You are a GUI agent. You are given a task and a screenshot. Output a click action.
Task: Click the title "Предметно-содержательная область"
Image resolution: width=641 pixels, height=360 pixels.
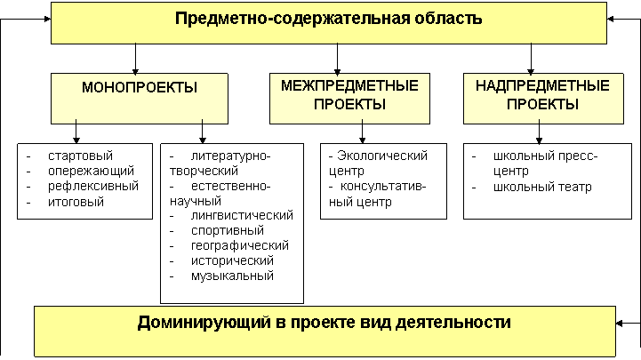pos(328,19)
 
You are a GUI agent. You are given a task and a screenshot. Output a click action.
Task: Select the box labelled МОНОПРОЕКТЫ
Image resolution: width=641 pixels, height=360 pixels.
pos(140,99)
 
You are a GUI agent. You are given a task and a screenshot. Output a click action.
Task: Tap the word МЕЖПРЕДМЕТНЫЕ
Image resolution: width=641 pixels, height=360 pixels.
pos(349,86)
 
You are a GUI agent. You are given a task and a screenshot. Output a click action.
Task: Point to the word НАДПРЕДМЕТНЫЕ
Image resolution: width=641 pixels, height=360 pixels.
pos(542,86)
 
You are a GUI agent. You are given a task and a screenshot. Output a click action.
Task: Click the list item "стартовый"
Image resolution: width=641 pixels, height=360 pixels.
pos(80,156)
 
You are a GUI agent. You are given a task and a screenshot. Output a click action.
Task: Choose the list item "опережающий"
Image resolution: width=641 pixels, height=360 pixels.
pos(91,171)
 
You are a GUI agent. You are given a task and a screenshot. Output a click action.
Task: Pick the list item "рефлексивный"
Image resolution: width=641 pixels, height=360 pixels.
pos(93,187)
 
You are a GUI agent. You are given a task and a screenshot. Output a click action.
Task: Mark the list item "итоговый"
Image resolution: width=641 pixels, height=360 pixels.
pos(76,202)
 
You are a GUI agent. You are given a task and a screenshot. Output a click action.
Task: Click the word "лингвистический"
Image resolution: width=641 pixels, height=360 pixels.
pos(242,215)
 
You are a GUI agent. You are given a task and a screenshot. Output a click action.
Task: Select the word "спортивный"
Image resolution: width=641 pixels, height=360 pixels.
pos(228,230)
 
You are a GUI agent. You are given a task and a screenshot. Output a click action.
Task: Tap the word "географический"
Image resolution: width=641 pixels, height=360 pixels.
pos(239,245)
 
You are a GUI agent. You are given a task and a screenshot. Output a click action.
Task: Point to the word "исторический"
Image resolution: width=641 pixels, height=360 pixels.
pos(232,260)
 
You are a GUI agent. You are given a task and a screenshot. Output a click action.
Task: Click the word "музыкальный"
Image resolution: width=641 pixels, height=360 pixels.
pos(232,276)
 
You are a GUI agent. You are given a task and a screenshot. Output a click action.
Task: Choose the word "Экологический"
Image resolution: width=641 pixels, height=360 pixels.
pos(382,156)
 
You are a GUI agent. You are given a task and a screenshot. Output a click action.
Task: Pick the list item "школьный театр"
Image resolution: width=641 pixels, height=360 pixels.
pos(542,188)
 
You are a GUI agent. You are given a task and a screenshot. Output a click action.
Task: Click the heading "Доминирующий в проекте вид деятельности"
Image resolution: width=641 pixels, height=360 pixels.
pos(325,323)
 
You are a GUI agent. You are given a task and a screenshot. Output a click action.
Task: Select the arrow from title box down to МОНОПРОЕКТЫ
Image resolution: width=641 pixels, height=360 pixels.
pos(135,59)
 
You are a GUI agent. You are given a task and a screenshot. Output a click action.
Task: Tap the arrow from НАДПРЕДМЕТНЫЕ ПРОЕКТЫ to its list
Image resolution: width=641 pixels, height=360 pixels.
pos(539,132)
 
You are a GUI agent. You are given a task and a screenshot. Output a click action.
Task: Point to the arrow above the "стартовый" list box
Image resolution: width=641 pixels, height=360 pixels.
pos(76,132)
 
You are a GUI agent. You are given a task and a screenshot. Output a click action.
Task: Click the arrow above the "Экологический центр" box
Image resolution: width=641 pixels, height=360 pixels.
pos(362,132)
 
